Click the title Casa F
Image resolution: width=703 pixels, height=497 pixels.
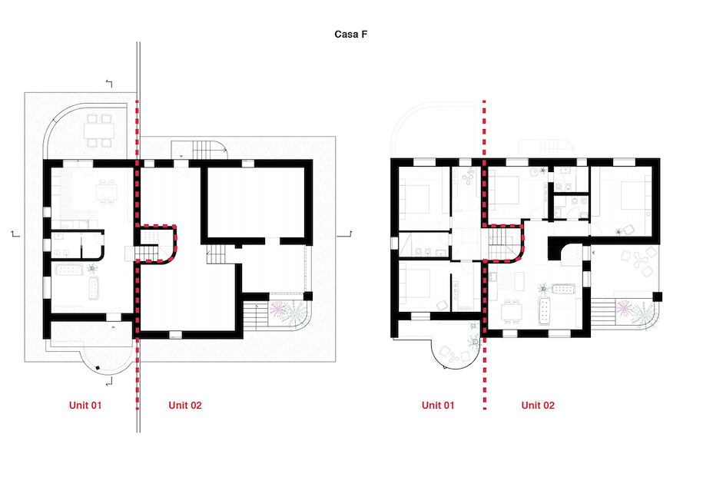350,34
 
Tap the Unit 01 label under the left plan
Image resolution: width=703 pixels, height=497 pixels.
85,405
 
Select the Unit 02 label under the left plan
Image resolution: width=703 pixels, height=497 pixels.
184,405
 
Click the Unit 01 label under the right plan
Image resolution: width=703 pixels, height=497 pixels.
438,405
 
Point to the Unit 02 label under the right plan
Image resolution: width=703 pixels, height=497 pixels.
538,405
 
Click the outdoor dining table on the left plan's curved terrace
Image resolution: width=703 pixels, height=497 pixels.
99,131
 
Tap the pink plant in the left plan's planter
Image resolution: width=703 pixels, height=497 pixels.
277,309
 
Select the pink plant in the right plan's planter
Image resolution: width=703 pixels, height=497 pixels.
625,308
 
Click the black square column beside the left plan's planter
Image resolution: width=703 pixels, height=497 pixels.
308,296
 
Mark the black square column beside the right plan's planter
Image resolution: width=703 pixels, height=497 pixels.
657,297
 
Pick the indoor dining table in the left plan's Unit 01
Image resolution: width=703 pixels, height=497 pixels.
107,192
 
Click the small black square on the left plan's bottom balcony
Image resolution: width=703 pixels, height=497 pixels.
98,368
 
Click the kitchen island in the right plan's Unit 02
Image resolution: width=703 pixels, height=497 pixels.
519,281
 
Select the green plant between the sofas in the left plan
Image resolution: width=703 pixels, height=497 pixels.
92,269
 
